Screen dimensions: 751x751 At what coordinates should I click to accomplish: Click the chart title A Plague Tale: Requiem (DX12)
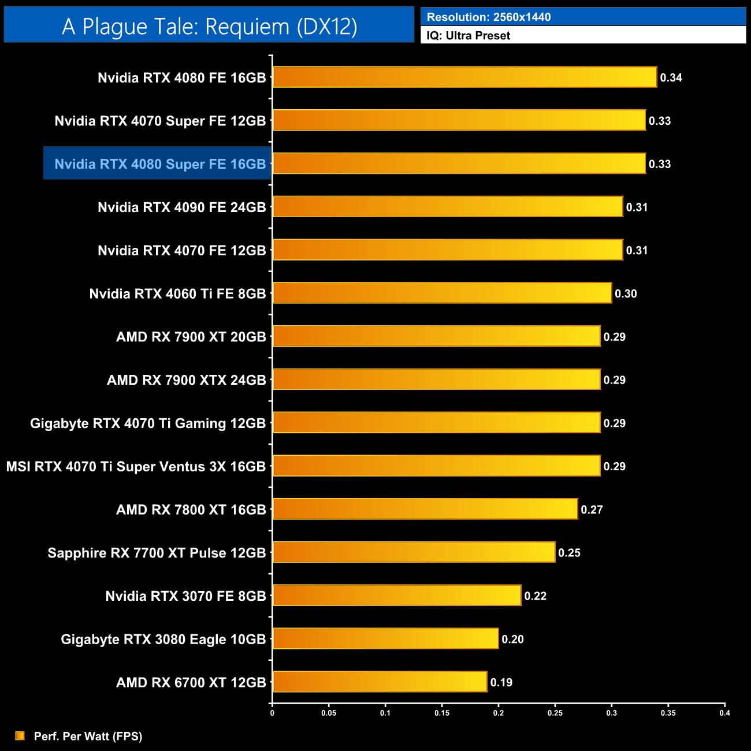tap(209, 27)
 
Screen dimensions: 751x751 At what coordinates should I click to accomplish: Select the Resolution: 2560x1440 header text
tap(489, 17)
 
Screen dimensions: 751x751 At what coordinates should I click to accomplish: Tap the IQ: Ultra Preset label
tap(468, 36)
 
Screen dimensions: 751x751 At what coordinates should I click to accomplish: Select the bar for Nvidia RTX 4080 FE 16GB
tap(464, 77)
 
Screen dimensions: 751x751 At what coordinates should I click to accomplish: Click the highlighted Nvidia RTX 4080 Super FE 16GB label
tap(160, 164)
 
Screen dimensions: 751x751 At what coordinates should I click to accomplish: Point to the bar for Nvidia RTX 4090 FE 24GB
tap(448, 207)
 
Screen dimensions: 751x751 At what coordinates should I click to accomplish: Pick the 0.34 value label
tap(671, 78)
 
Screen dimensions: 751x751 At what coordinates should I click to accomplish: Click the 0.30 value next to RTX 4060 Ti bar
tap(626, 294)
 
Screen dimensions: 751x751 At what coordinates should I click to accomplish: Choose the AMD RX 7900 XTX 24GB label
tap(186, 380)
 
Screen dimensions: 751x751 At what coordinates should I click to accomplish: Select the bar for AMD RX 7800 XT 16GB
tap(425, 509)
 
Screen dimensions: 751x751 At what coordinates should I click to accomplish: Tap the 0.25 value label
tap(569, 553)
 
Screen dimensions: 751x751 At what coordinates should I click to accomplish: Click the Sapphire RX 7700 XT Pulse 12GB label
tap(157, 553)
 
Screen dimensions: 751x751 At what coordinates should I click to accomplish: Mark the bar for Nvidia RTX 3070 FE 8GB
tap(397, 596)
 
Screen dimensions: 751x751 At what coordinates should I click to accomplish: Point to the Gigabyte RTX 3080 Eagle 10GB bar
tap(385, 638)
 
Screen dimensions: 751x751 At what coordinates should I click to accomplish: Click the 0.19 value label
tap(501, 683)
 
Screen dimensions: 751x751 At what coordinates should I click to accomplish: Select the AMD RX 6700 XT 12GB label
tap(191, 683)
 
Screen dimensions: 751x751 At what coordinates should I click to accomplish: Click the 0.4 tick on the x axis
tap(724, 713)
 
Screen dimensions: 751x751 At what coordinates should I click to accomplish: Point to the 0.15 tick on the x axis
tap(442, 713)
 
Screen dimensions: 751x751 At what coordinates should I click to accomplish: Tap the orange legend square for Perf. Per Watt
tap(20, 735)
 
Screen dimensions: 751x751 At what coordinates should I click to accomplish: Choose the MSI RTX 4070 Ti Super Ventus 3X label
tap(136, 466)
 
